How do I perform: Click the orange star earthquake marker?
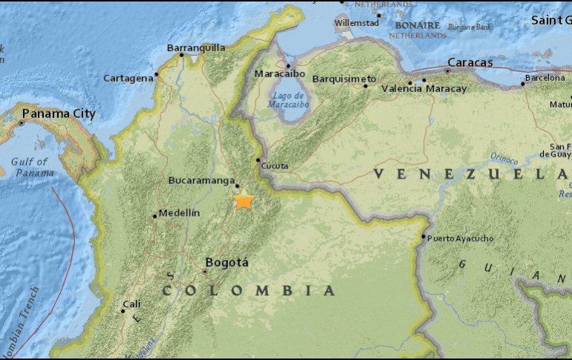(244, 200)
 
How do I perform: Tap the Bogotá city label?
(227, 262)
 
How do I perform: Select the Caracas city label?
(470, 62)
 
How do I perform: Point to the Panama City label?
(59, 114)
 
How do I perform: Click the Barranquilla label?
(196, 48)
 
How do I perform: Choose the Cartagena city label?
(128, 77)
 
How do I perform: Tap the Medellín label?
(179, 213)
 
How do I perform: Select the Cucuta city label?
(275, 166)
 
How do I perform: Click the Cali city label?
(131, 304)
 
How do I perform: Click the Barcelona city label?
(545, 77)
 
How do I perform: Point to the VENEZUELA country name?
(468, 174)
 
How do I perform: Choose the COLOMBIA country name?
(249, 290)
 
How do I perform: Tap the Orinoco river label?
(505, 157)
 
